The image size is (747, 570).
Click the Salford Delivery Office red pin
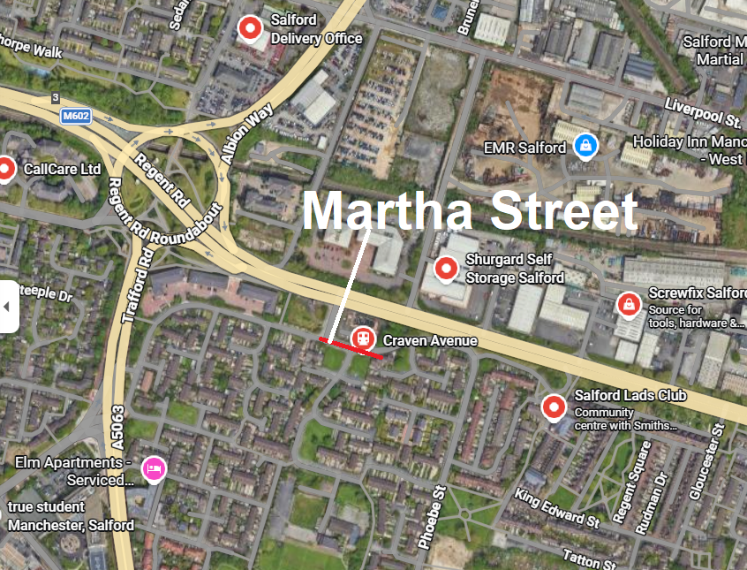(x=251, y=28)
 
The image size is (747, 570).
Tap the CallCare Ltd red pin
(x=5, y=168)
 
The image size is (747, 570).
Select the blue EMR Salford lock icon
(x=583, y=145)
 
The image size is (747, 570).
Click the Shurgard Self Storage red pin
(x=446, y=267)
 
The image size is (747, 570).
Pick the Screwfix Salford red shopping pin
(x=628, y=305)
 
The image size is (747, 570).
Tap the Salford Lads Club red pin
(x=554, y=407)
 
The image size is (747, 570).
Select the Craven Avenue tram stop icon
(x=362, y=338)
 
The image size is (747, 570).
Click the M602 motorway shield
(x=77, y=116)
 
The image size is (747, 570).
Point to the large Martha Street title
(x=470, y=212)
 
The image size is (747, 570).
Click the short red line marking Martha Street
(x=351, y=348)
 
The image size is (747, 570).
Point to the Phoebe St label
(x=434, y=517)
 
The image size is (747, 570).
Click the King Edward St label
(x=557, y=506)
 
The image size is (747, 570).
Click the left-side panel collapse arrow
(x=8, y=306)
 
